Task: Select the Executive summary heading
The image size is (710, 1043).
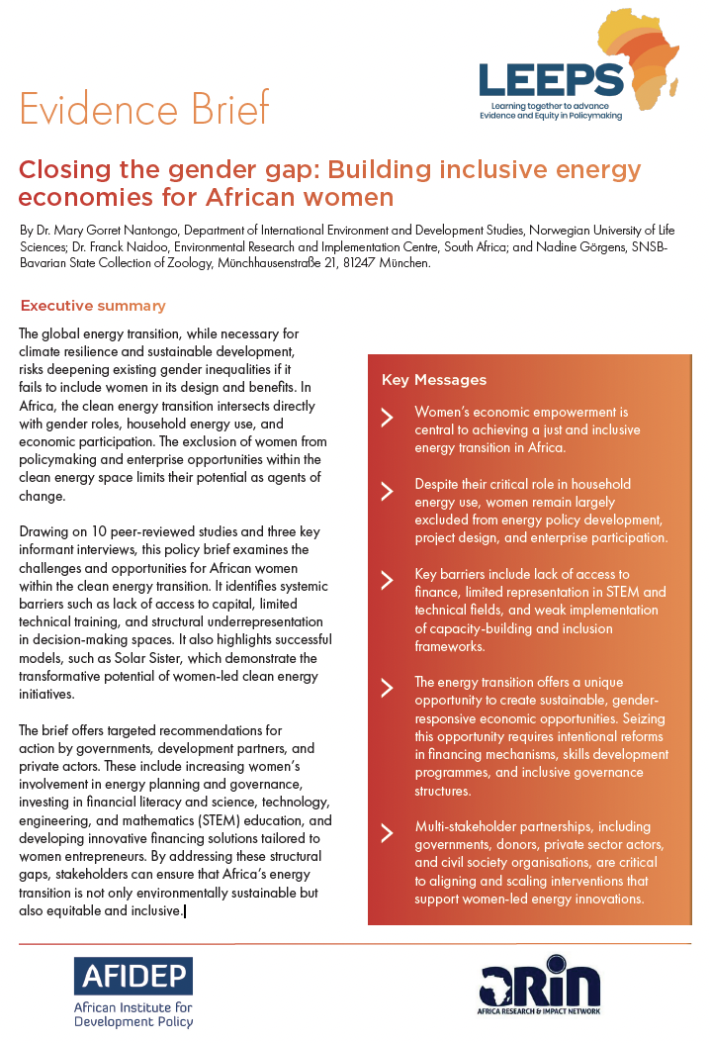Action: [x=93, y=306]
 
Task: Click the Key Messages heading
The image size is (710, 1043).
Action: [x=434, y=380]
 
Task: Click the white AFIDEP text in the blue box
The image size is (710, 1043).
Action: [x=133, y=977]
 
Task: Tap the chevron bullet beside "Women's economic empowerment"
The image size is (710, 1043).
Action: [x=388, y=417]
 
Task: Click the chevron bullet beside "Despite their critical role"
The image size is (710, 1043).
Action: [x=388, y=490]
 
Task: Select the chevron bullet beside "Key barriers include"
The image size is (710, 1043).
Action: [x=388, y=580]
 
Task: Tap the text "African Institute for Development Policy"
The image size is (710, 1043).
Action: [x=133, y=1015]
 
